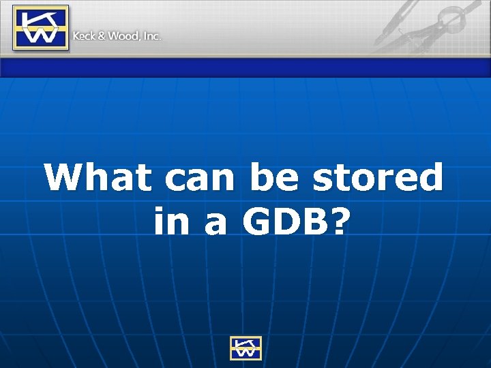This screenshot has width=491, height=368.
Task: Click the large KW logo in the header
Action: (x=40, y=28)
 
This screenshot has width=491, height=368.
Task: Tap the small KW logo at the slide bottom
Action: (x=245, y=348)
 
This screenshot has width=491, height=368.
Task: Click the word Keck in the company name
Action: (x=85, y=35)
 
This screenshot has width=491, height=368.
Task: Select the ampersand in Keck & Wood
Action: (x=102, y=35)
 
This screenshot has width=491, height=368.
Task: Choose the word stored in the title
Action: (x=377, y=179)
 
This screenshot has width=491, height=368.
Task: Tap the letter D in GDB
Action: (x=290, y=221)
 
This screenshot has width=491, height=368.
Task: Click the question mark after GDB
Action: (x=344, y=221)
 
